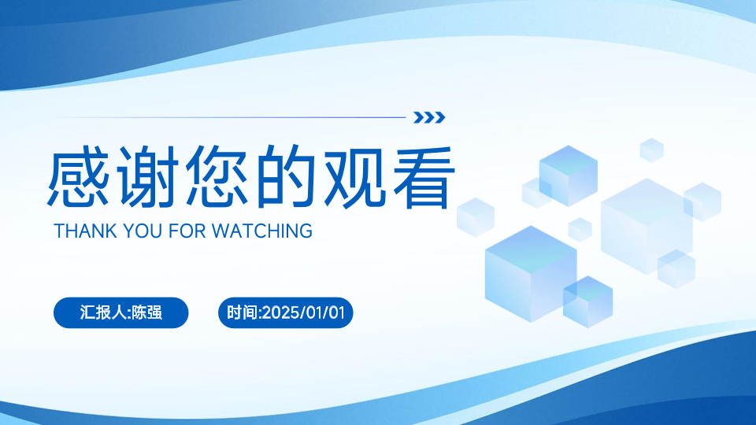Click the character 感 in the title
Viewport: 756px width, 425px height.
(79, 176)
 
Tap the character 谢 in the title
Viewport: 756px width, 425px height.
(147, 176)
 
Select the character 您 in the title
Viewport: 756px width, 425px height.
(217, 176)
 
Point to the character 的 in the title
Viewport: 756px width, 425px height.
(285, 176)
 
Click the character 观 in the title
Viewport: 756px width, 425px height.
(355, 176)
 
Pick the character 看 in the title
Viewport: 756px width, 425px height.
(424, 176)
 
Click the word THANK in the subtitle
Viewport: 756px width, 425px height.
(85, 231)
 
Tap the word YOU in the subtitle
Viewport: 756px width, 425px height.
(143, 231)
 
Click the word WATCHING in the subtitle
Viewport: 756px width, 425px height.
(262, 231)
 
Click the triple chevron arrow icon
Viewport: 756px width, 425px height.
(429, 117)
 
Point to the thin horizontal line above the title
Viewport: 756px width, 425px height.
(229, 117)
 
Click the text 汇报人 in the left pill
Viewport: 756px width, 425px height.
(103, 312)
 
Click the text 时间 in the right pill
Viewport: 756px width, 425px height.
(243, 312)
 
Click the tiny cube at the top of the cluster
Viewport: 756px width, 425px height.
(651, 150)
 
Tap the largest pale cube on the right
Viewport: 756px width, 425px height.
(647, 227)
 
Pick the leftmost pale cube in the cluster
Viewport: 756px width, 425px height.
(476, 217)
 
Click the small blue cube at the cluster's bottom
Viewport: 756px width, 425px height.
(587, 301)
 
